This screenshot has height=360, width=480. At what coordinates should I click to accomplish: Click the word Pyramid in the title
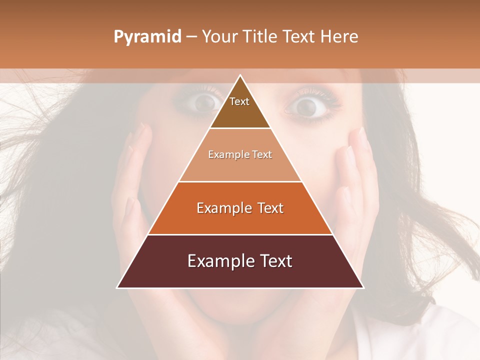(x=147, y=37)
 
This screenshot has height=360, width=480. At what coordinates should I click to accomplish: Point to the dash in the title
(x=191, y=37)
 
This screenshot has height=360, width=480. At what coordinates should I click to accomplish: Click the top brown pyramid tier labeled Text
(x=240, y=112)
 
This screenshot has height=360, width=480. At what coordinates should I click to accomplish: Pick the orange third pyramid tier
(x=240, y=220)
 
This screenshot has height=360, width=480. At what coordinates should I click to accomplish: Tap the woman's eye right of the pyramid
(x=306, y=105)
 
